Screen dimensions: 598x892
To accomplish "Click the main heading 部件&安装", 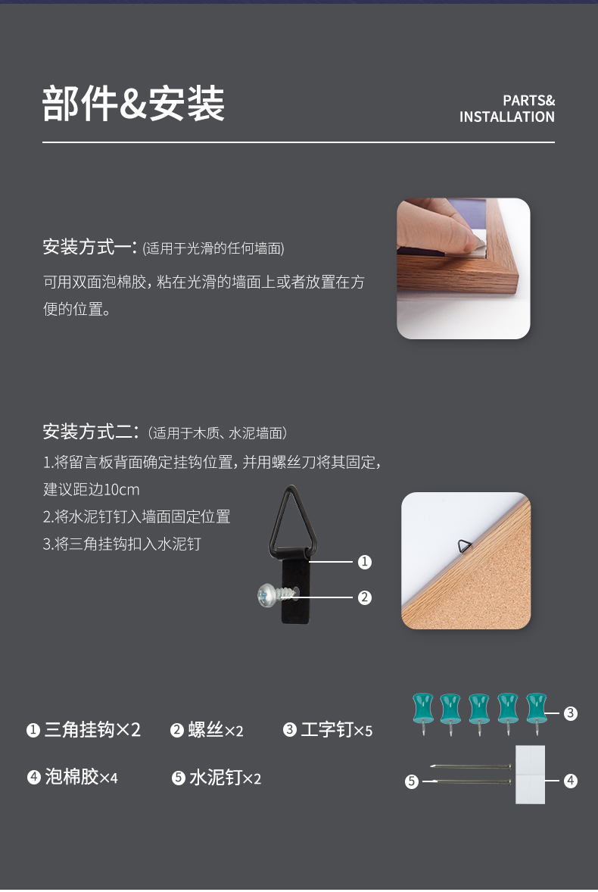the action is tap(133, 104).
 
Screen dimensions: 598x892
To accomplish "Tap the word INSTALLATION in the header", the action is tap(507, 117).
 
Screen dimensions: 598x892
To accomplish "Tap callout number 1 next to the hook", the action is tap(364, 562).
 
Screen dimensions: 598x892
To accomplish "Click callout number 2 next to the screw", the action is tap(364, 597).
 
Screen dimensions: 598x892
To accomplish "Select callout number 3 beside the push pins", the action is tap(570, 713).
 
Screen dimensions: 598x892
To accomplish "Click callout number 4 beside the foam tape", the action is tap(570, 781).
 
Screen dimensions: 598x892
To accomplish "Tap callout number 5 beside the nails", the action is tap(412, 781).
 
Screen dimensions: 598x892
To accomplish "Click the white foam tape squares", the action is tap(530, 774).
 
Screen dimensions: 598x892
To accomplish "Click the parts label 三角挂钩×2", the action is tap(92, 730).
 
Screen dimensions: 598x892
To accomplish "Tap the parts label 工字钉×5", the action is tap(337, 730).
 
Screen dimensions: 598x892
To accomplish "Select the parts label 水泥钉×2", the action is tap(225, 778).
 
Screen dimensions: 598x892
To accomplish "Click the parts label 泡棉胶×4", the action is tap(81, 777).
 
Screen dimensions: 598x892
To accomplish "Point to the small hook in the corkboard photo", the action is tap(465, 547).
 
